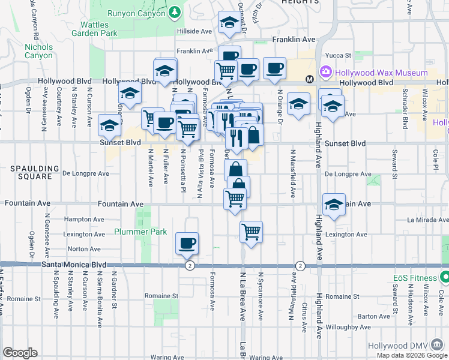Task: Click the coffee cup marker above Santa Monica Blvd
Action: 187,243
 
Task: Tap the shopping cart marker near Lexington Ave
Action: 251,231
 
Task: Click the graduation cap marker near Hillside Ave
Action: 228,23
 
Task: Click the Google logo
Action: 20,353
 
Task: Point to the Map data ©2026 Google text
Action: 412,355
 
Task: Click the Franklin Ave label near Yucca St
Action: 294,39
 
